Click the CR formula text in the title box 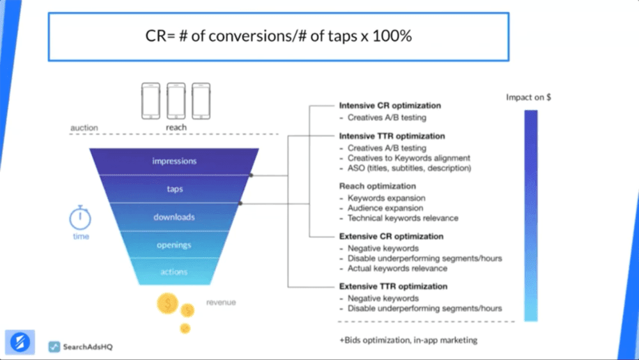[278, 36]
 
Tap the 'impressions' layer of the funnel [174, 161]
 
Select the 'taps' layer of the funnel [174, 189]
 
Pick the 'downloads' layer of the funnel [174, 217]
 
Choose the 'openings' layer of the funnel [174, 245]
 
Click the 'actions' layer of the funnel [174, 272]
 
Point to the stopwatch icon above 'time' [81, 218]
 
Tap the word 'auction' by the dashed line [84, 128]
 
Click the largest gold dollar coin [167, 303]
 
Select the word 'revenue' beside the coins [220, 302]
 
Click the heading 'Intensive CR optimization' [390, 106]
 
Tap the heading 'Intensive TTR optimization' [392, 136]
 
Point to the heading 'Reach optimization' [377, 186]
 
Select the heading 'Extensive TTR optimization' [393, 286]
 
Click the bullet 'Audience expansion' [385, 208]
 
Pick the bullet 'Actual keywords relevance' [397, 269]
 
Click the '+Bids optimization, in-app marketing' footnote [408, 340]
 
